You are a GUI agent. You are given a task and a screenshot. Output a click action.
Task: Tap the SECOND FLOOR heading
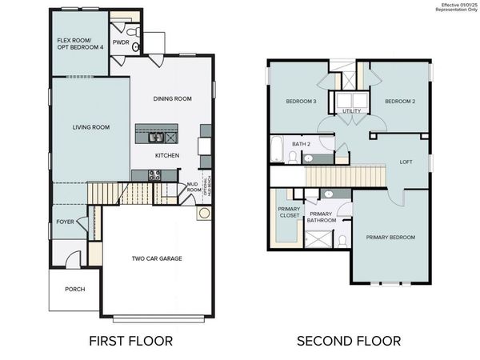point(349,341)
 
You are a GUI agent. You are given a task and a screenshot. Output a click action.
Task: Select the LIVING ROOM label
point(90,127)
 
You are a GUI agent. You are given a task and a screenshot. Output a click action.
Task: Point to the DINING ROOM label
point(173,98)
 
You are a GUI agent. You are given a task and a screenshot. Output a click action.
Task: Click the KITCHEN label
point(166,155)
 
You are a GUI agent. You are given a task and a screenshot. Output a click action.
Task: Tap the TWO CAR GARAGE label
point(157,258)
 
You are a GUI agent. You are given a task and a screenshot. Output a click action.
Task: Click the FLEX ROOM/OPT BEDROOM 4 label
point(79,43)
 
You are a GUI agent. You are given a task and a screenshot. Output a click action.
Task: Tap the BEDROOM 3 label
point(302,102)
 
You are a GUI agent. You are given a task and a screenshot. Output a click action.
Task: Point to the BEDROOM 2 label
point(399,102)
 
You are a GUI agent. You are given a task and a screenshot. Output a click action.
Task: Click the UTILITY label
point(351,112)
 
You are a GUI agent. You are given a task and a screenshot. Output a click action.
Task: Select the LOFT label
point(406,162)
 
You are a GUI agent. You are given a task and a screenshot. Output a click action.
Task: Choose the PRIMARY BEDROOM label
point(390,238)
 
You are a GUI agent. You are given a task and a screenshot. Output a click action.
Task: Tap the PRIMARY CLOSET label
point(288,211)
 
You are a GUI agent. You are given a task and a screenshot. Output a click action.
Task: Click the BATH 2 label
point(301,144)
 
